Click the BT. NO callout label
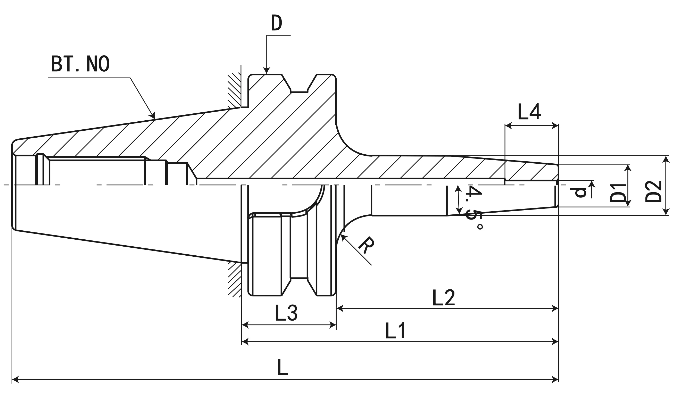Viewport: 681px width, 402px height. click(x=80, y=64)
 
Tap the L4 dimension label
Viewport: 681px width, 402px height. click(x=529, y=112)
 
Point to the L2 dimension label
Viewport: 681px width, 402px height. click(x=443, y=298)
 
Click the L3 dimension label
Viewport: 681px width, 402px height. click(x=286, y=313)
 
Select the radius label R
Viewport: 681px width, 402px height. click(x=367, y=245)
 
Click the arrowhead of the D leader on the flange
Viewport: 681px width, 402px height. click(x=267, y=71)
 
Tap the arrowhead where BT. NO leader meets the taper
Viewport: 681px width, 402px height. click(x=153, y=116)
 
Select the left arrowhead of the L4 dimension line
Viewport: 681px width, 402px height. click(x=509, y=126)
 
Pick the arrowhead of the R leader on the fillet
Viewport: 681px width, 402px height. click(x=343, y=237)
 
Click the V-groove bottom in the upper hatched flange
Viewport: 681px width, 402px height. click(x=299, y=92)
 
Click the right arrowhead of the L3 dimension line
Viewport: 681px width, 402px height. click(x=333, y=325)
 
